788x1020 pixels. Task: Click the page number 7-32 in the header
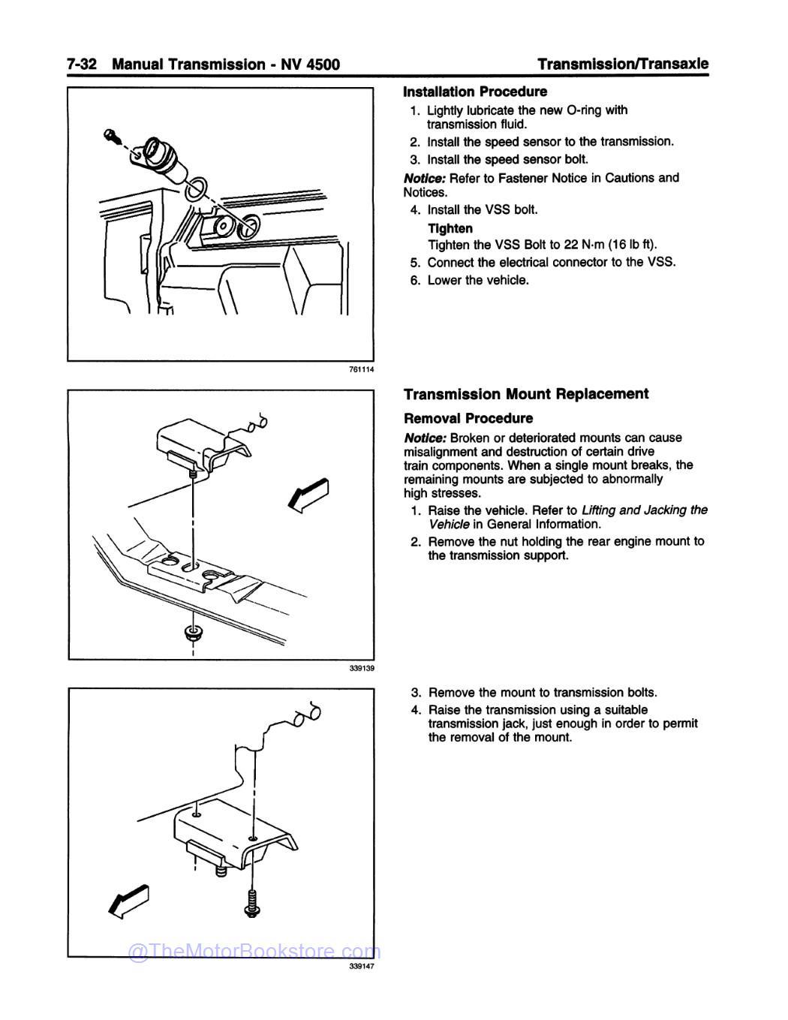[82, 65]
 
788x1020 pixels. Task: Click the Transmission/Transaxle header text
[623, 64]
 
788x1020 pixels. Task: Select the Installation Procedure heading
[475, 92]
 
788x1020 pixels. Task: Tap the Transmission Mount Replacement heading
[526, 394]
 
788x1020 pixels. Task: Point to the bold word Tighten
[450, 228]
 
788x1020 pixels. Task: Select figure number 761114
[361, 369]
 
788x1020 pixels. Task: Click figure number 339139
[361, 668]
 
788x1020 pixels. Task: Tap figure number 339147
[361, 967]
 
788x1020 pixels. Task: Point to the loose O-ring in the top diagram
[194, 188]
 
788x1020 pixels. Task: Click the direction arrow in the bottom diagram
[130, 902]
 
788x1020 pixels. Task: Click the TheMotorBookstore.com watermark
[255, 952]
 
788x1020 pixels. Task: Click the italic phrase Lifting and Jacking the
[644, 510]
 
